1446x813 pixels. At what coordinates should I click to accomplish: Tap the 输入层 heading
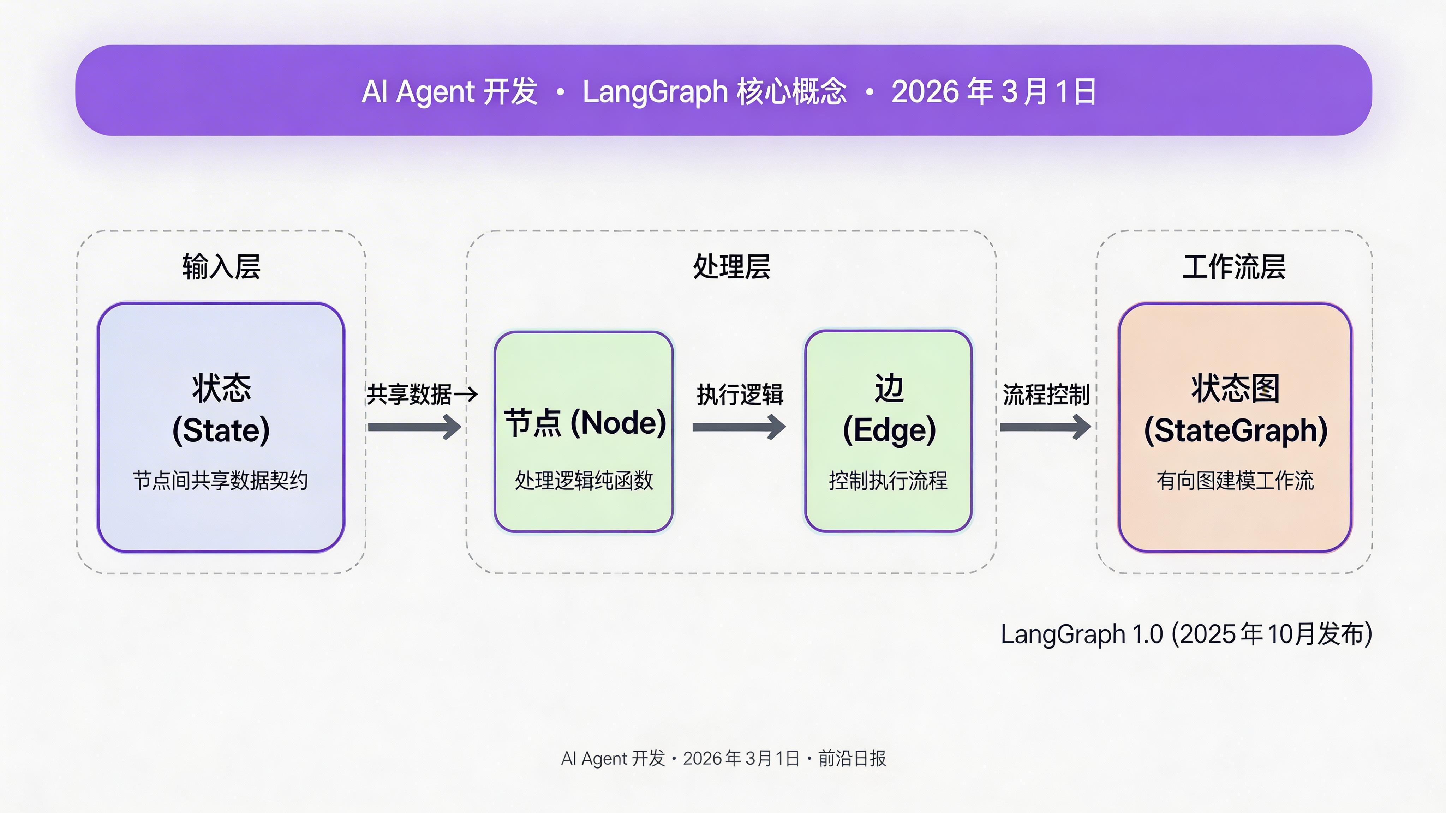click(221, 267)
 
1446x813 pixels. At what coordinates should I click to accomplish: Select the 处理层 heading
click(731, 267)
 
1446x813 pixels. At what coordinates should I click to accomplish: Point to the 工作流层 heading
click(1234, 267)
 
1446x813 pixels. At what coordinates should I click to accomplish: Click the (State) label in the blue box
click(221, 430)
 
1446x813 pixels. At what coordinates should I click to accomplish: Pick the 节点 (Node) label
click(584, 423)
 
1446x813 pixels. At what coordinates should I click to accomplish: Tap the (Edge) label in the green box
click(889, 430)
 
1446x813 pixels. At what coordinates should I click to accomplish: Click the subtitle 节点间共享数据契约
click(221, 481)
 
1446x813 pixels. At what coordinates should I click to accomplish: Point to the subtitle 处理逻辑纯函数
click(584, 481)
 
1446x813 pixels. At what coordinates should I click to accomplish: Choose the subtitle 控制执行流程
click(888, 481)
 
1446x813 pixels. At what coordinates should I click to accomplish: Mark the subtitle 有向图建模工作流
click(1235, 481)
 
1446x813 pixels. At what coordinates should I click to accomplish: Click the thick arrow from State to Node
click(414, 427)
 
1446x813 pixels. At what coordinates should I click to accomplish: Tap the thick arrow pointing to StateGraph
click(1045, 427)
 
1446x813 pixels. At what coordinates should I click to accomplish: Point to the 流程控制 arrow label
click(1046, 395)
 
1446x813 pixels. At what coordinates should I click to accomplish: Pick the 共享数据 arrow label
click(409, 395)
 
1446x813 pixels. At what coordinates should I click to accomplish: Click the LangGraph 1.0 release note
click(1186, 634)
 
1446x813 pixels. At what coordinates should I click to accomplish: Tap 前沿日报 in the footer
click(852, 759)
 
